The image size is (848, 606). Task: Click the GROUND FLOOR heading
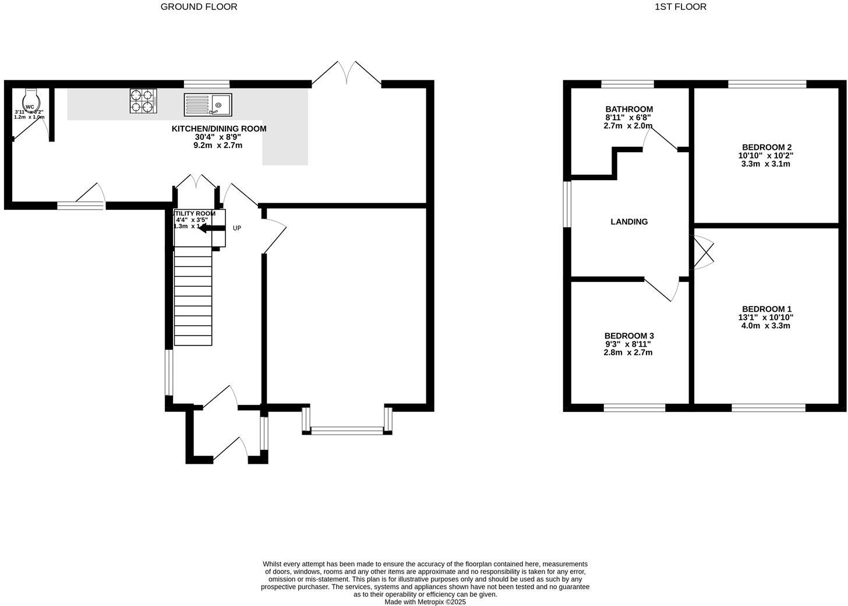[x=199, y=7]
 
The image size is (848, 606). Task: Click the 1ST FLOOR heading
[x=680, y=7]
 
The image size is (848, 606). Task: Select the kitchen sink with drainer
[x=208, y=105]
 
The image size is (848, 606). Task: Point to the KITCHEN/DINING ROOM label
[x=218, y=129]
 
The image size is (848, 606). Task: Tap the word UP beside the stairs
[x=236, y=228]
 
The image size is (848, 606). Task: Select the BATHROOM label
[x=629, y=109]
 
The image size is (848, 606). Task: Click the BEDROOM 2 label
[x=766, y=147]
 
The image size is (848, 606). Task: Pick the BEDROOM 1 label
[x=766, y=309]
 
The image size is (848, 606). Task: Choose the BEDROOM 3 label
[x=629, y=336]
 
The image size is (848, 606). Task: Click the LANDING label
[x=629, y=221]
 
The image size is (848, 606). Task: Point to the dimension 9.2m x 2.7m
[x=218, y=145]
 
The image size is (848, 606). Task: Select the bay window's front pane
[x=347, y=431]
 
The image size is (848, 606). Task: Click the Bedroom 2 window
[x=767, y=84]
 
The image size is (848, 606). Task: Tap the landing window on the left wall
[x=567, y=203]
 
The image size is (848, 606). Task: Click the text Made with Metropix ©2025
[x=425, y=602]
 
